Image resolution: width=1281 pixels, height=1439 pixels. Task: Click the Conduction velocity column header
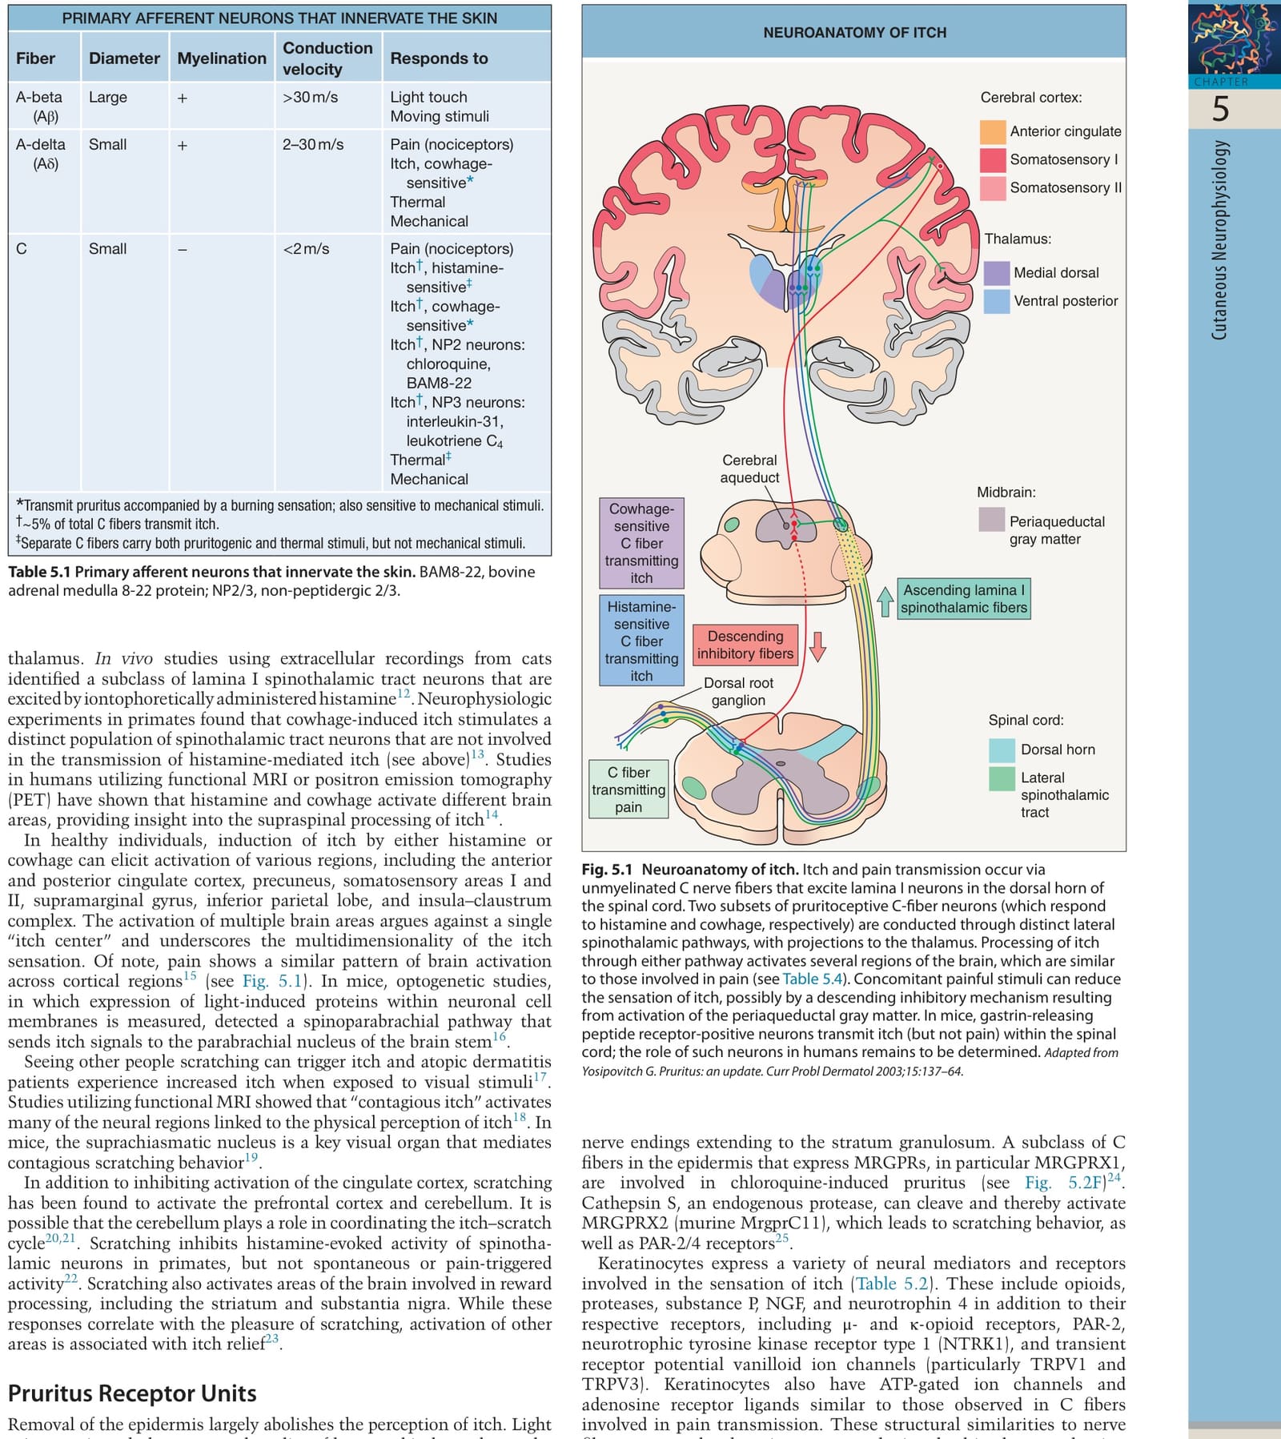coord(327,58)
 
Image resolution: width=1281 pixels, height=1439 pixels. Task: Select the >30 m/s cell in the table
coord(310,97)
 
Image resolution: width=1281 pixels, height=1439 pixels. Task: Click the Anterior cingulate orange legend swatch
coord(993,131)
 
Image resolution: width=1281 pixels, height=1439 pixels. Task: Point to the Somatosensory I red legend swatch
coord(993,159)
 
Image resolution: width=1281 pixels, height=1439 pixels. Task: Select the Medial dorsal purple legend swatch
coord(997,273)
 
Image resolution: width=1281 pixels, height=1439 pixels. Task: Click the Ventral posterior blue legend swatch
coord(997,301)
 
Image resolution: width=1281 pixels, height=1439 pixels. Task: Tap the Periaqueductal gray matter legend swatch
coord(992,520)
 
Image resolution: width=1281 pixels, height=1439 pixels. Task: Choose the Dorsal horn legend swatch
coord(1002,750)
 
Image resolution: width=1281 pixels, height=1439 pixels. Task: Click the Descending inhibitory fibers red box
coord(745,645)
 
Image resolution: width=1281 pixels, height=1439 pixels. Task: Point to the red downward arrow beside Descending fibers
coord(817,646)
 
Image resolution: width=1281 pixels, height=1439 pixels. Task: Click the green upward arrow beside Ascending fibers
coord(885,601)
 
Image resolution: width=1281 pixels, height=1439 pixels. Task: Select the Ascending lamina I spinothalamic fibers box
coord(964,599)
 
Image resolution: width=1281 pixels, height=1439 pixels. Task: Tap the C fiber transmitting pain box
coord(628,790)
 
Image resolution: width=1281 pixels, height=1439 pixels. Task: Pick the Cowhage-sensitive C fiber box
coord(641,543)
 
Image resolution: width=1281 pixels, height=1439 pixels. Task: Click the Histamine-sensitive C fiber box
coord(641,641)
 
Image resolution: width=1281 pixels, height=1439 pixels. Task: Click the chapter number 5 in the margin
coord(1220,109)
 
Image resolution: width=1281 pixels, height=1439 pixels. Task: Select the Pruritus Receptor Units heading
coord(132,1394)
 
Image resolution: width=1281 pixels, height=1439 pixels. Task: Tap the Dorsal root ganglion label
coord(738,692)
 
